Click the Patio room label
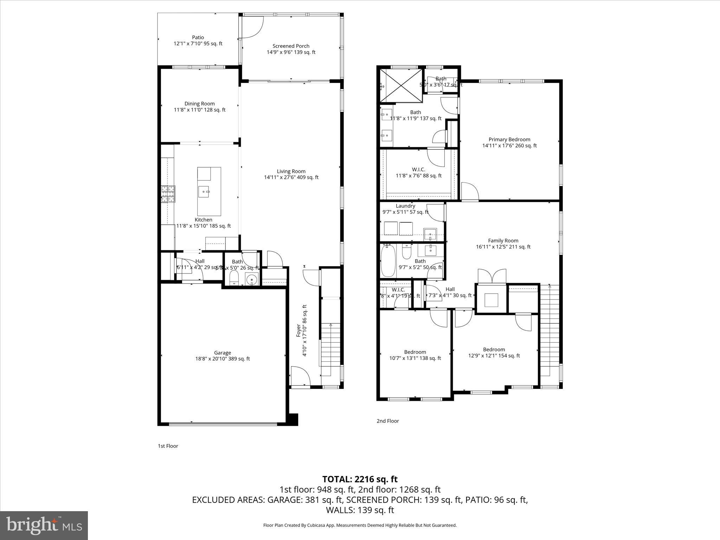click(198, 38)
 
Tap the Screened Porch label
click(291, 46)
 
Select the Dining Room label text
click(200, 104)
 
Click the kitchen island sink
click(204, 192)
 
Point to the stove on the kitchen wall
click(168, 194)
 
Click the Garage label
click(223, 353)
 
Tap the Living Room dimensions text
click(291, 178)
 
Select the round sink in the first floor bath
click(252, 280)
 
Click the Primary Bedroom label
click(509, 140)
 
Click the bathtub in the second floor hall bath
click(388, 261)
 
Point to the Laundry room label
click(405, 206)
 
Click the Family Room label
click(503, 241)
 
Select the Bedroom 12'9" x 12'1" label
click(494, 349)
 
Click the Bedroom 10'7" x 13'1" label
click(415, 352)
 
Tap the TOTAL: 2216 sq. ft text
click(360, 479)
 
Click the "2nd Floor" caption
click(388, 421)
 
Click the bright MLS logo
click(44, 525)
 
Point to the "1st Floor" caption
click(168, 446)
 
